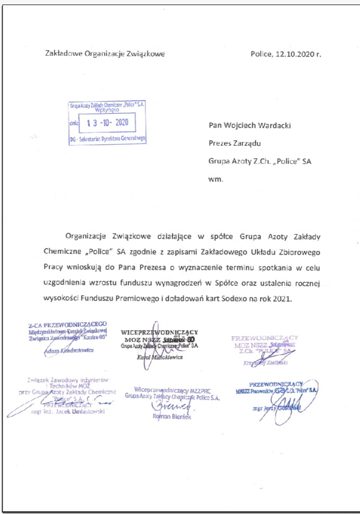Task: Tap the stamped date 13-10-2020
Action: [108, 122]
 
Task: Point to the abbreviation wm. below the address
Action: [215, 179]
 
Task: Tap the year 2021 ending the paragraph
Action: [282, 298]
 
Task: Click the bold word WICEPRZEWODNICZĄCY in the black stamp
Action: [158, 332]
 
